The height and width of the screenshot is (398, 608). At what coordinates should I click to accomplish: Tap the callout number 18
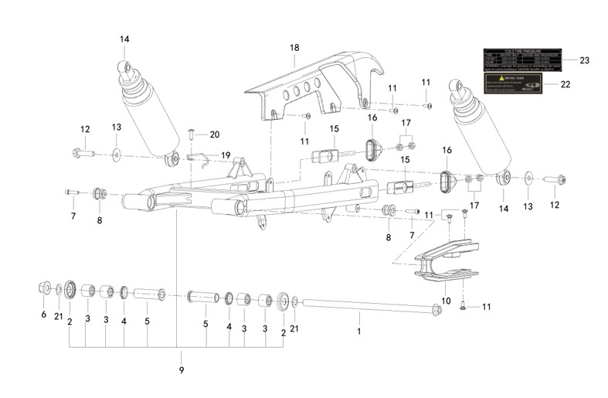pos(294,48)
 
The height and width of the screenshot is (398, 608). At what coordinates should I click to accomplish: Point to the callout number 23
pos(584,60)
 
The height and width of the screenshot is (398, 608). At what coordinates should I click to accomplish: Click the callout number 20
pos(215,134)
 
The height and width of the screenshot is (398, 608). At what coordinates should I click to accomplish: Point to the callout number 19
pos(226,155)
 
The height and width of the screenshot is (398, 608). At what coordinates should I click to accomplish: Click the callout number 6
pos(44,315)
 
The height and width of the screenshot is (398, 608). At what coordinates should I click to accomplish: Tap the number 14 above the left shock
pos(125,39)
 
